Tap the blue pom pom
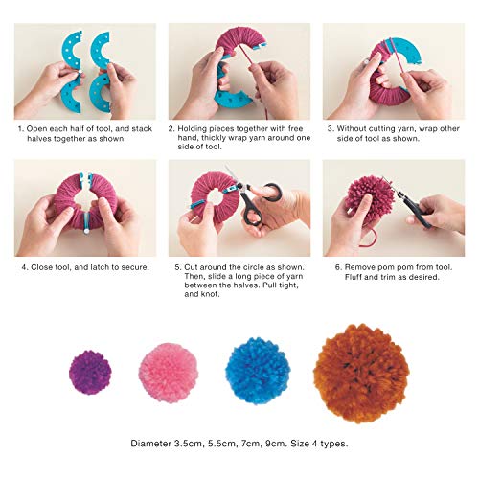coord(257,370)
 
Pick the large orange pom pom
coord(360,373)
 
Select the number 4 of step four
coord(20,266)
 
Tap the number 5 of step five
coord(172,266)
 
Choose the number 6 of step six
coord(327,266)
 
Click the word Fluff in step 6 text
coord(348,277)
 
